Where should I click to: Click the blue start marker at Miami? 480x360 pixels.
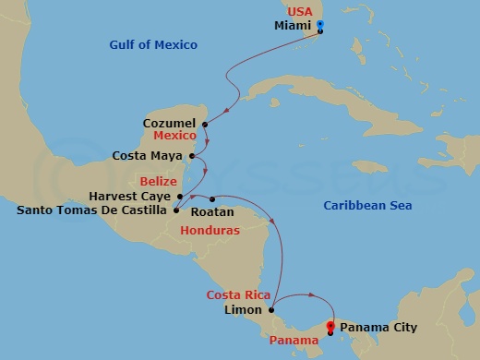320,25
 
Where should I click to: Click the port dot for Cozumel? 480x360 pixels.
204,124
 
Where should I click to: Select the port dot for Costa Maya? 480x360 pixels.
192,156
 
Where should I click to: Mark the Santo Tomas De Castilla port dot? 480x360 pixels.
175,210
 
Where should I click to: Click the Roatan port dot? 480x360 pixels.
212,198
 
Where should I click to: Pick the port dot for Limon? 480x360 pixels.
271,310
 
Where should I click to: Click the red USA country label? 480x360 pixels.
300,11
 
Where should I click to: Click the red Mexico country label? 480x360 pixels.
175,135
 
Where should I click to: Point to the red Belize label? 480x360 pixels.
157,181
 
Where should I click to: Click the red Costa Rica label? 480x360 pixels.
238,295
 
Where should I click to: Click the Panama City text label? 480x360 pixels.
378,327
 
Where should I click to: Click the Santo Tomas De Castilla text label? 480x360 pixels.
92,210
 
